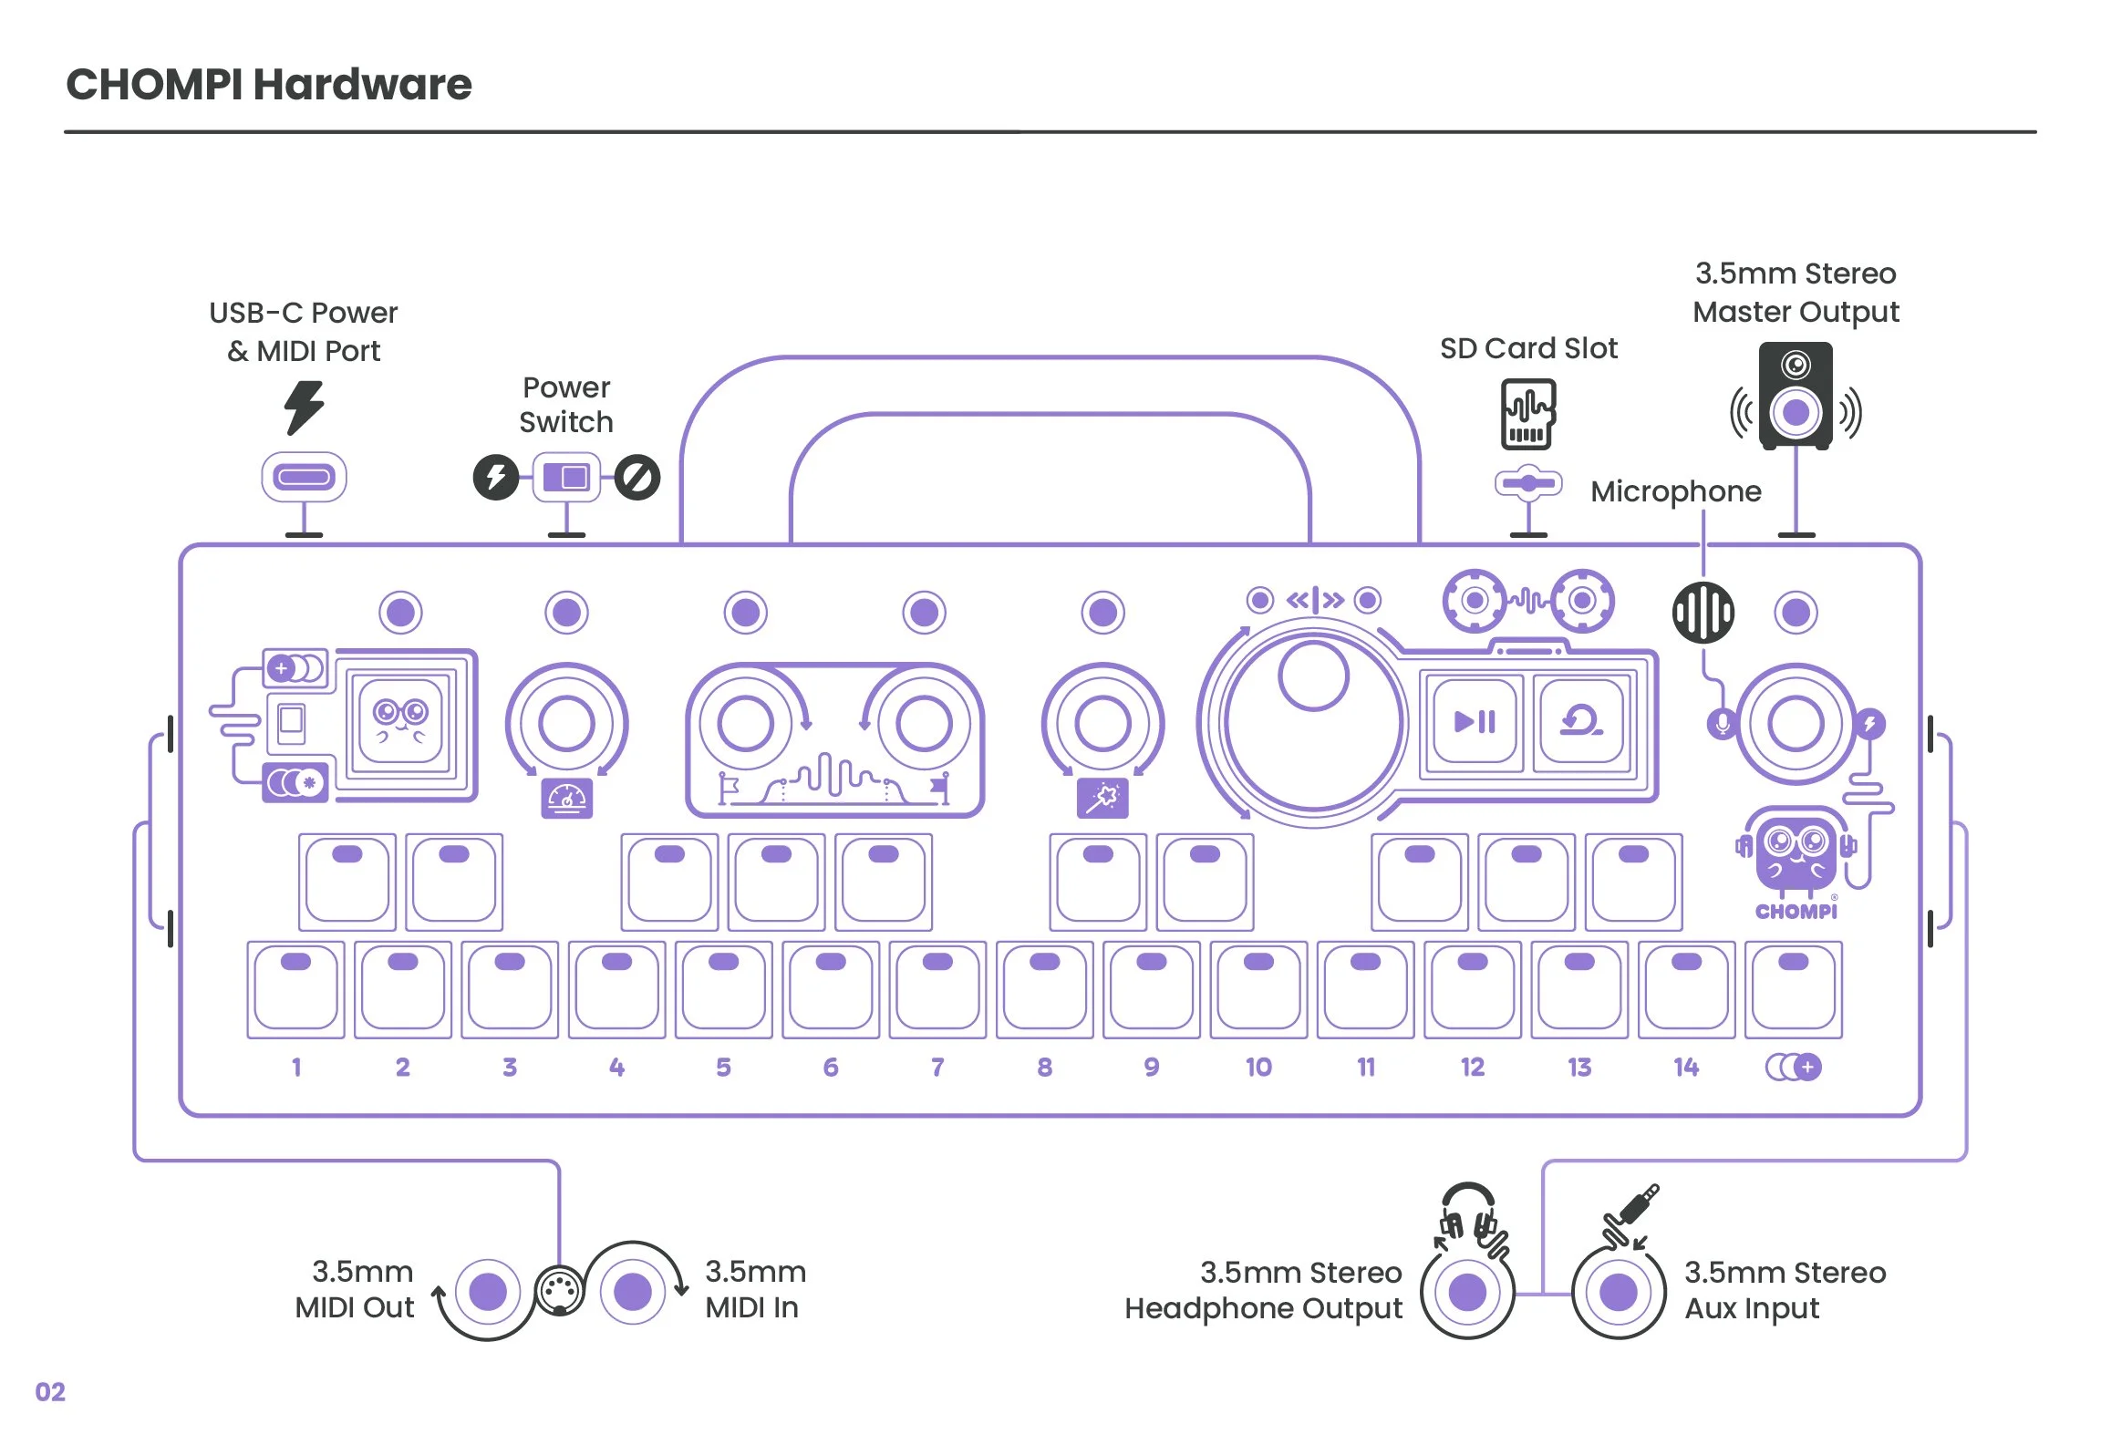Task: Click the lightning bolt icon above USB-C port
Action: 304,407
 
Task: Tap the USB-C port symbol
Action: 304,477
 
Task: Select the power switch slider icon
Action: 566,477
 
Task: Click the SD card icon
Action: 1528,415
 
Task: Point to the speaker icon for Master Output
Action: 1795,397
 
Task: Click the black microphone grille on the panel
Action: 1703,613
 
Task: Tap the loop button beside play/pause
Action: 1581,722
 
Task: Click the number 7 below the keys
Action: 937,1068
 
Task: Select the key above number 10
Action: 1258,990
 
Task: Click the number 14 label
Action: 1686,1068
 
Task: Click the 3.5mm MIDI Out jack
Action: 488,1292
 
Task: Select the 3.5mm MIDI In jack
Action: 633,1292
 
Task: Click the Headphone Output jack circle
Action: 1467,1292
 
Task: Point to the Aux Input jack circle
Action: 1619,1292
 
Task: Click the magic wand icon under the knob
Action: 1102,799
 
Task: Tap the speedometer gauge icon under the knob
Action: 566,799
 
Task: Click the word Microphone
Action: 1675,491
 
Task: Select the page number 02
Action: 50,1392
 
